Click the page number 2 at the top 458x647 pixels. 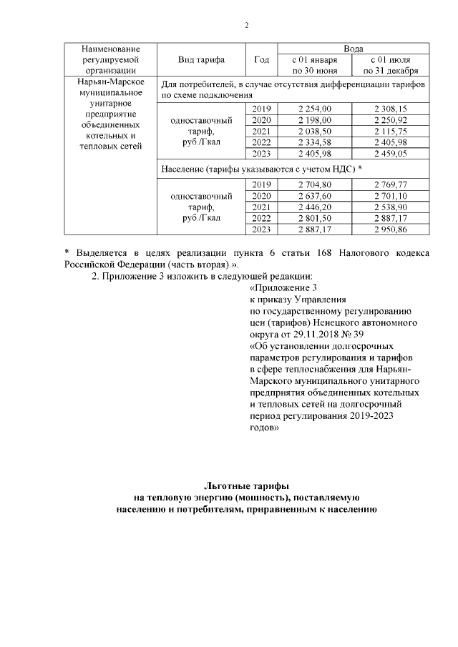click(x=246, y=26)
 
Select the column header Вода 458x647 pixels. click(x=352, y=48)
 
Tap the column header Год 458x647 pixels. click(x=261, y=59)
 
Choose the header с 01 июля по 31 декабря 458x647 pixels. click(x=390, y=65)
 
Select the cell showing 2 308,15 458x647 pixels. click(x=390, y=108)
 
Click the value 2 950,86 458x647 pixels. click(x=390, y=229)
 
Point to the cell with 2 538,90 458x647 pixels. click(x=390, y=207)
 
